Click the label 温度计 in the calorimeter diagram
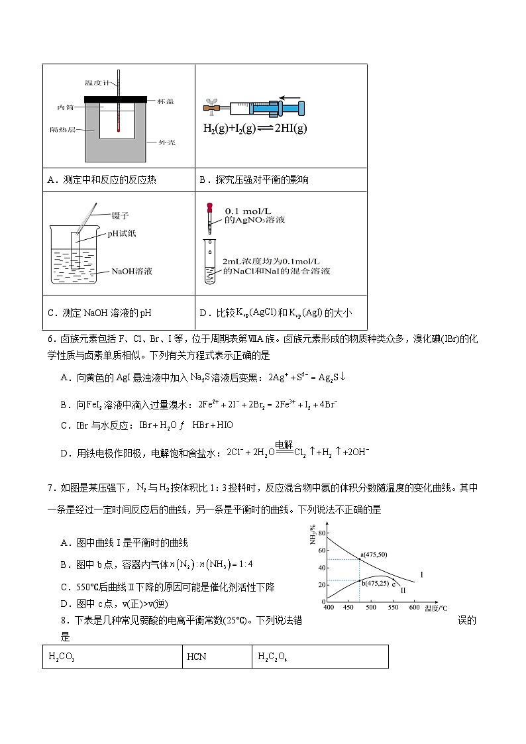coord(97,83)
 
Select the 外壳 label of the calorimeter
coord(166,142)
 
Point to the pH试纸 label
coord(123,234)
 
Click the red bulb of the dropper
coord(210,208)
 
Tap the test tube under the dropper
coord(209,262)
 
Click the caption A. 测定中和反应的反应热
coord(103,180)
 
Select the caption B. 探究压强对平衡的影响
coord(254,180)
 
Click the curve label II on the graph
coord(403,590)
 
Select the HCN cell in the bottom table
coord(197,657)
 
